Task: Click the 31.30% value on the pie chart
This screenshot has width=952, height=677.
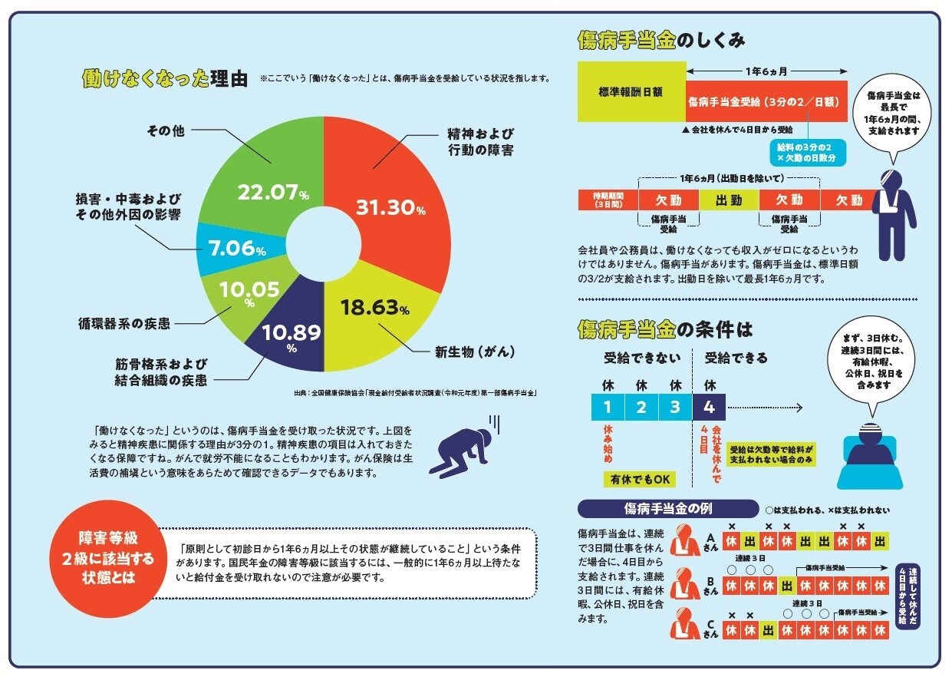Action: (x=390, y=208)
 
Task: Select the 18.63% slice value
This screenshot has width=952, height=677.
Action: (x=374, y=309)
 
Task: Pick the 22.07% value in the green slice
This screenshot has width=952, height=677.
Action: (x=272, y=193)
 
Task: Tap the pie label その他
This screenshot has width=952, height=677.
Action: (x=165, y=130)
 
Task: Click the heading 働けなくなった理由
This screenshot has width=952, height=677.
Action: (x=164, y=78)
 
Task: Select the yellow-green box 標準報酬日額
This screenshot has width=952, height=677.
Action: (x=631, y=91)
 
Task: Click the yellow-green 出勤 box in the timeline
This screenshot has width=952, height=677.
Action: (x=728, y=200)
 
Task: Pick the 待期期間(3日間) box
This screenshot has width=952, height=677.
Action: (x=608, y=200)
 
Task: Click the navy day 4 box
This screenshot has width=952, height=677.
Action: (x=709, y=405)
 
